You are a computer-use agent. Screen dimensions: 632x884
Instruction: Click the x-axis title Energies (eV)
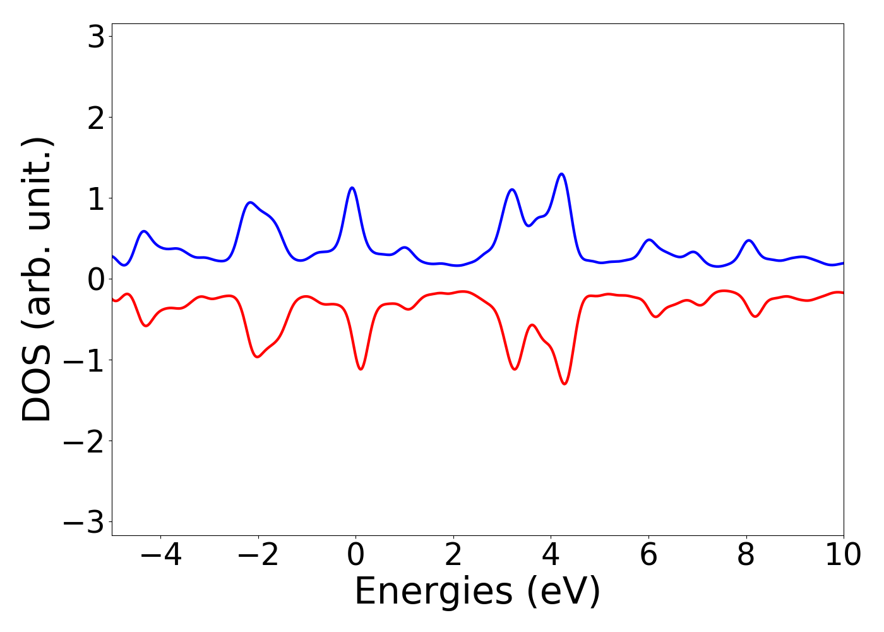tap(477, 592)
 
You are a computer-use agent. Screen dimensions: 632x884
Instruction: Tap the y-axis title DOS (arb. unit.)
tap(38, 279)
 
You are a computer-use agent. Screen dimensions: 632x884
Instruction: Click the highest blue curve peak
tap(561, 174)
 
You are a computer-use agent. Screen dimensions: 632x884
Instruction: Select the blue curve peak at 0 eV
tap(352, 188)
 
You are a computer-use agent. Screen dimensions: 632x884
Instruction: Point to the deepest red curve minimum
tap(564, 384)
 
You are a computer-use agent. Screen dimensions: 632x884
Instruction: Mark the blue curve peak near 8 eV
tap(749, 240)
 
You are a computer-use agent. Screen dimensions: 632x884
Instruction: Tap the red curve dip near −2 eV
tap(258, 357)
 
